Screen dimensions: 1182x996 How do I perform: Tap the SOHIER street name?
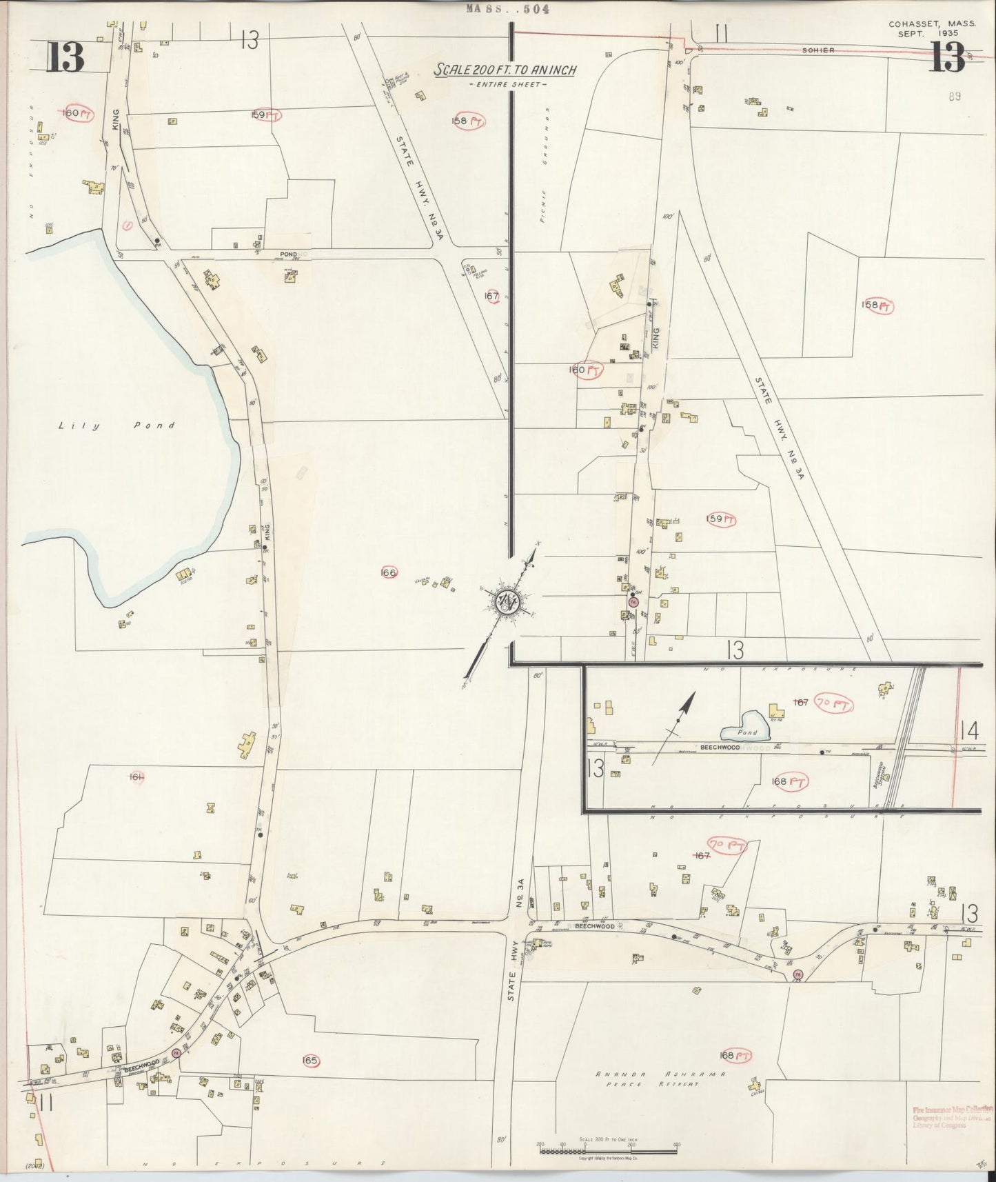pos(819,50)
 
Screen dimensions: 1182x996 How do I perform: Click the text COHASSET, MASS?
pos(932,23)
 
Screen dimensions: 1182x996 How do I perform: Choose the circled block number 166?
pos(389,572)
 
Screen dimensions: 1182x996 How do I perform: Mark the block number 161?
pos(136,778)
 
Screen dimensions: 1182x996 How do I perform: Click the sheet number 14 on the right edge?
pos(968,730)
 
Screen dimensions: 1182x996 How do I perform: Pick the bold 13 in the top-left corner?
pos(65,57)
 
